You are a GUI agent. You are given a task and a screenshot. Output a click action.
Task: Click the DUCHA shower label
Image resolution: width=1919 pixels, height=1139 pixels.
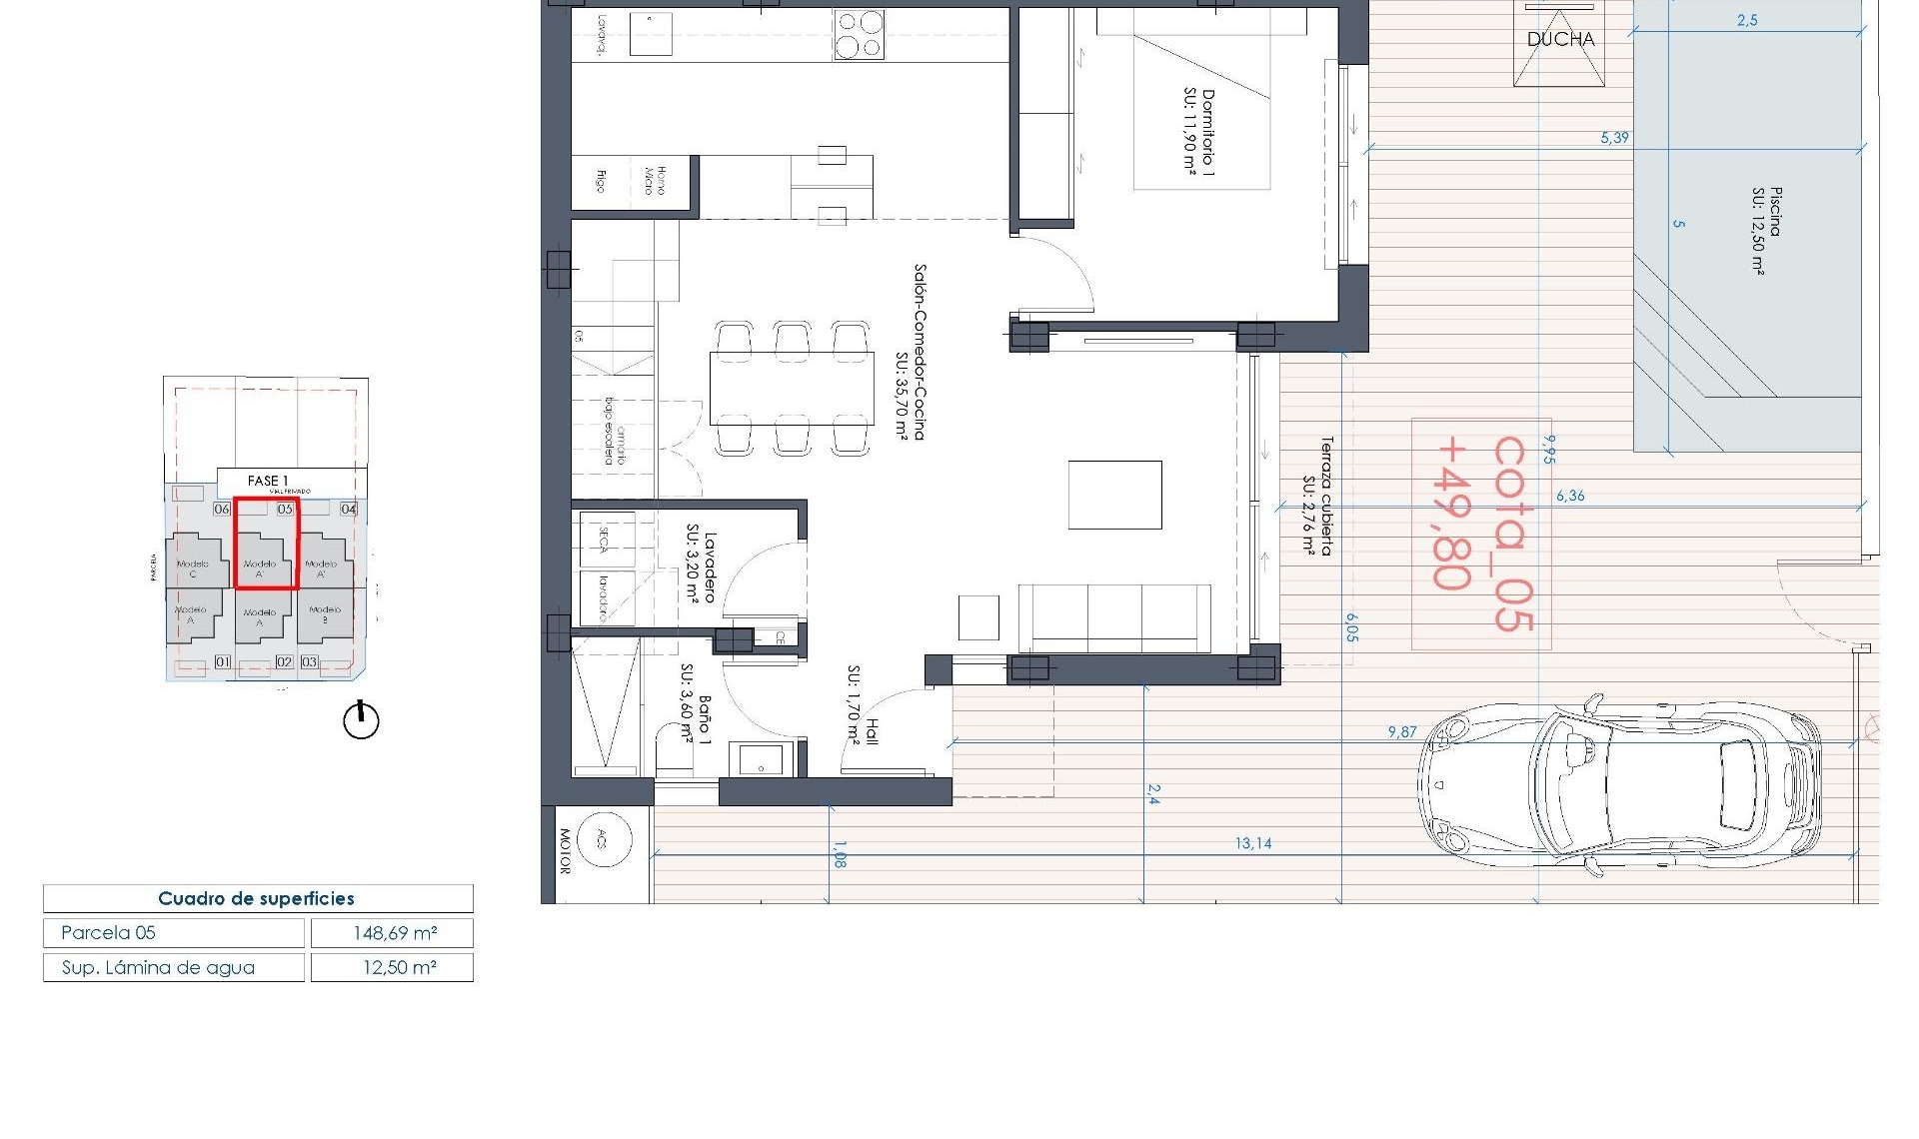(x=1560, y=40)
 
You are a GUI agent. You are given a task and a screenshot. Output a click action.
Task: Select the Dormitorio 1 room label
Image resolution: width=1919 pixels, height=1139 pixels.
(x=1198, y=133)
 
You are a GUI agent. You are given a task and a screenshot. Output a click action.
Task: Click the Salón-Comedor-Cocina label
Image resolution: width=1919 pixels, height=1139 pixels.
(x=912, y=352)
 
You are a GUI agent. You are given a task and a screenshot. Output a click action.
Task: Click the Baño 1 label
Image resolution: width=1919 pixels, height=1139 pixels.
(x=696, y=705)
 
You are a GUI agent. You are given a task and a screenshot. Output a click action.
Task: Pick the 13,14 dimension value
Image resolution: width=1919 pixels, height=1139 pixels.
(x=1252, y=843)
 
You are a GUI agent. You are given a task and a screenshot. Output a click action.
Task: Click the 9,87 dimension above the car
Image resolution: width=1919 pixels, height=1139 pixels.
(x=1401, y=732)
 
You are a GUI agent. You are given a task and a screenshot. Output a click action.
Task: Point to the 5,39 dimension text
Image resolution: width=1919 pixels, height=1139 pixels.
(x=1614, y=138)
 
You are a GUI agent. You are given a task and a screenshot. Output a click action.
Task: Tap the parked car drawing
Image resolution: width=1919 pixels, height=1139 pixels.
(x=1619, y=786)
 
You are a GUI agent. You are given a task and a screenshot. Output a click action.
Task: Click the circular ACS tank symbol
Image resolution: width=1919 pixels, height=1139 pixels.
(x=602, y=839)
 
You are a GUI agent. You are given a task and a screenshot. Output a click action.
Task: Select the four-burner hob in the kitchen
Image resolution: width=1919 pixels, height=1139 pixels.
(x=860, y=35)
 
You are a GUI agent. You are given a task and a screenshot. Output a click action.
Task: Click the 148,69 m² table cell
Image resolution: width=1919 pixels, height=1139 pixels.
(x=393, y=933)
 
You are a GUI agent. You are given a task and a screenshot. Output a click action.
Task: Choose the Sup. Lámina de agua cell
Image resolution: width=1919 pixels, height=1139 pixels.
(x=173, y=967)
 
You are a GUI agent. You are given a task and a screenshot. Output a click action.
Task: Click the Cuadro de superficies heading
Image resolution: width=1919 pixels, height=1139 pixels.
(x=257, y=898)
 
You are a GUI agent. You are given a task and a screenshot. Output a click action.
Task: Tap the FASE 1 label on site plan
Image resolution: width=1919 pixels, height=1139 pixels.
(x=267, y=481)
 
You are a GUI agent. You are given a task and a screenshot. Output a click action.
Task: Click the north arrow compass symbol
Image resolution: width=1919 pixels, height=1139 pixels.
(x=361, y=720)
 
